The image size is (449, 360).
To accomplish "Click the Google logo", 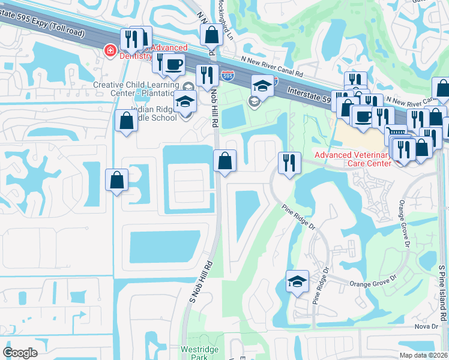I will [x=20, y=353].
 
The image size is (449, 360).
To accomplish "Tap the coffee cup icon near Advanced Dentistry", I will [x=174, y=64].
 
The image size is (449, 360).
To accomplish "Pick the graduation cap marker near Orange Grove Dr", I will [x=297, y=281].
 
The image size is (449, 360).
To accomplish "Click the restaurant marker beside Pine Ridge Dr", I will [x=289, y=162].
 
